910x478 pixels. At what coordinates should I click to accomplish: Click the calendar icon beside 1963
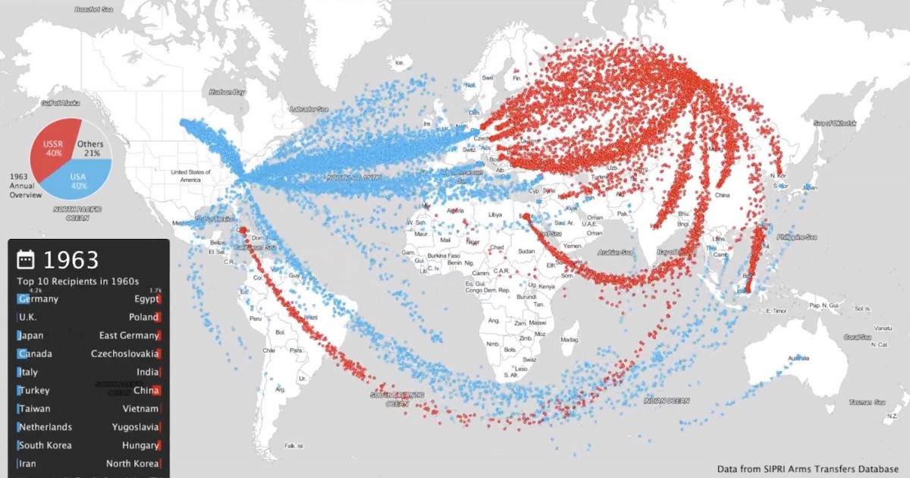point(26,260)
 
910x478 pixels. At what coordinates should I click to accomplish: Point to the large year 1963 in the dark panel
point(71,260)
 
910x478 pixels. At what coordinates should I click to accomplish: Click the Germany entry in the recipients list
point(39,299)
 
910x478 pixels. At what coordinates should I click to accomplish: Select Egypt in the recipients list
point(147,299)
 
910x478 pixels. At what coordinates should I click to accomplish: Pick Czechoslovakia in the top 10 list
point(125,354)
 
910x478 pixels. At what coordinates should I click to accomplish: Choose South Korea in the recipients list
point(45,445)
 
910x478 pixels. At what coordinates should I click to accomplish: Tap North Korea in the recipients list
point(133,464)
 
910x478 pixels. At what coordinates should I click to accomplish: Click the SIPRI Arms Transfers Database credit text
point(808,469)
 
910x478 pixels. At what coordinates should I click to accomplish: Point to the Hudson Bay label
point(227,93)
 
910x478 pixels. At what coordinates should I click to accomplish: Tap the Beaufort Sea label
point(94,10)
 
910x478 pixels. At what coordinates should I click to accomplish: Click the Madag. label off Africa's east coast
point(570,341)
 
